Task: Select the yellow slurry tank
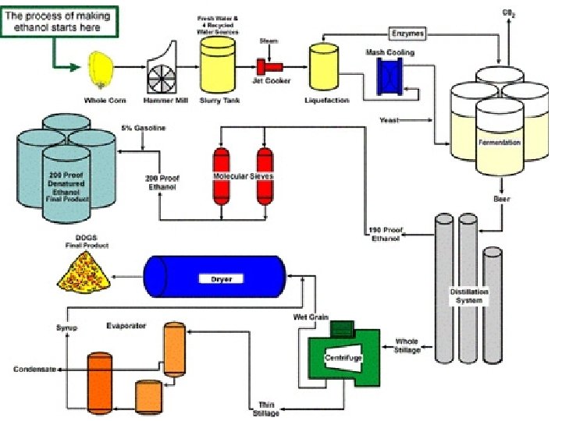[x=218, y=65]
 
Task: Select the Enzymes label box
[x=408, y=33]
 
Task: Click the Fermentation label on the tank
[x=500, y=143]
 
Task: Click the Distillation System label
[x=470, y=295]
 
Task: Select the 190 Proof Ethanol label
[x=385, y=234]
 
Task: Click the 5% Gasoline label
[x=143, y=127]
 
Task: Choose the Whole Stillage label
[x=407, y=345]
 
